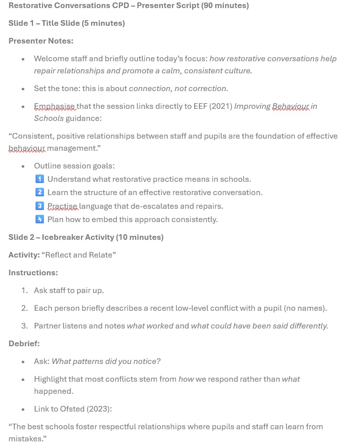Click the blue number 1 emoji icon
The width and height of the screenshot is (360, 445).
pos(39,179)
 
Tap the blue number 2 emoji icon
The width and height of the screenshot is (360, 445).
pos(39,192)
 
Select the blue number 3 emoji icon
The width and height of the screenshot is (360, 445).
pos(39,206)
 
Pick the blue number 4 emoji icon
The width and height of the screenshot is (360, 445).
pos(39,219)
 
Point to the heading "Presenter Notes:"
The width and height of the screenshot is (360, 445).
pos(41,41)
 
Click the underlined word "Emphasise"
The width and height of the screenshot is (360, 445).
pos(54,106)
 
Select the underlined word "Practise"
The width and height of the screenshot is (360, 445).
pos(62,206)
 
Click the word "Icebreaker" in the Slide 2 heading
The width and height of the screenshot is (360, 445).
pos(62,237)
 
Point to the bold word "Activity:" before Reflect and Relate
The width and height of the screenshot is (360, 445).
pos(24,255)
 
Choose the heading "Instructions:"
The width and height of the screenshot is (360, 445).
pos(33,273)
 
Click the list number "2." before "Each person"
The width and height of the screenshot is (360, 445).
pos(25,308)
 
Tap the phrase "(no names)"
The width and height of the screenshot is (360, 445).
pos(305,308)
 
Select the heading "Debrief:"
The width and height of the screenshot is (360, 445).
pos(24,344)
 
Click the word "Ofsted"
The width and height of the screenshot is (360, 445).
pos(72,409)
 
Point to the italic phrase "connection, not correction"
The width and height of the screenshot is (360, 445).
pos(177,89)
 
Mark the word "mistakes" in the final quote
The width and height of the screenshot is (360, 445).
pos(25,439)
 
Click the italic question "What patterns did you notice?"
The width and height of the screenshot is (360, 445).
pos(106,362)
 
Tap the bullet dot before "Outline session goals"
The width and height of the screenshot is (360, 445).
pos(23,166)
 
